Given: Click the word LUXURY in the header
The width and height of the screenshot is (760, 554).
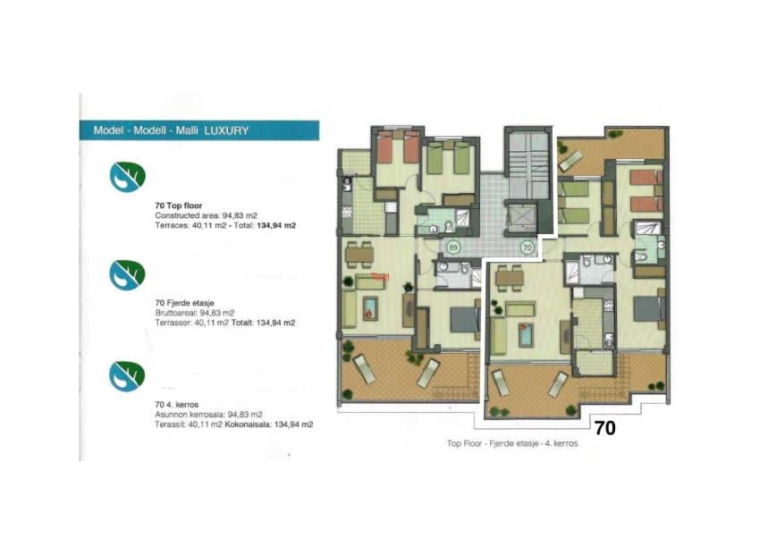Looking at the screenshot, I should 226,130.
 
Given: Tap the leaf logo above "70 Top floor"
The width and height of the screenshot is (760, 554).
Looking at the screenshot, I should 127,177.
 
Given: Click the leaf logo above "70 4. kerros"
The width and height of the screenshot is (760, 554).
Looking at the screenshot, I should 127,375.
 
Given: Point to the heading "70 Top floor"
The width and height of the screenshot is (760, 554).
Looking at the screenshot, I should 178,206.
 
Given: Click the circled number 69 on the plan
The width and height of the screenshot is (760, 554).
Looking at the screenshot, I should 452,247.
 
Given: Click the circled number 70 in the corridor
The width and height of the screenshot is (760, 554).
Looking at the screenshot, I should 527,247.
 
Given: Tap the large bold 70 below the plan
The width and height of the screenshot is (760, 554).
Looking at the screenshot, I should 604,429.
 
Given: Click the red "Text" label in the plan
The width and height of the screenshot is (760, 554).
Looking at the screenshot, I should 381,277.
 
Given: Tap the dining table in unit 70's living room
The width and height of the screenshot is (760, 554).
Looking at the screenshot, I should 510,276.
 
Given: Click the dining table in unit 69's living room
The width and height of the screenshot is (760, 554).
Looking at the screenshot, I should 359,254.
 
